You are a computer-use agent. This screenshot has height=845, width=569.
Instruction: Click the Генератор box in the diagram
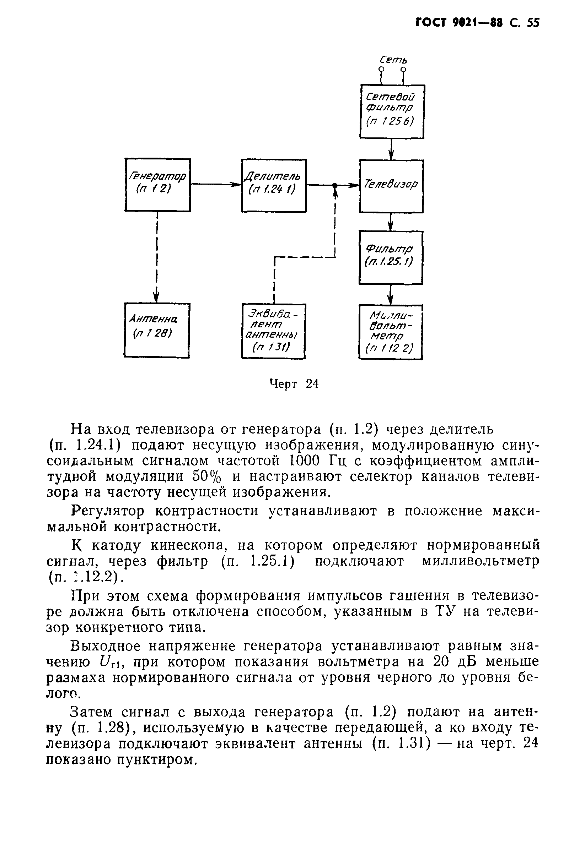pyautogui.click(x=157, y=185)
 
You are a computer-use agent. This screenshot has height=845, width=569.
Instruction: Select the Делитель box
pyautogui.click(x=274, y=185)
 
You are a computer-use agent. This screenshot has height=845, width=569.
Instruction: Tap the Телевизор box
pyautogui.click(x=391, y=186)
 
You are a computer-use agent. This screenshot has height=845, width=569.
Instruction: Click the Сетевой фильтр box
pyautogui.click(x=392, y=111)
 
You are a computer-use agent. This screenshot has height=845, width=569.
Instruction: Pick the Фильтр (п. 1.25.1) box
pyautogui.click(x=391, y=257)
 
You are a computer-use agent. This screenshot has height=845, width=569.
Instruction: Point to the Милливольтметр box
pyautogui.click(x=391, y=332)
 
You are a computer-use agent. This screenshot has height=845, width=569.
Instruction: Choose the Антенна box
pyautogui.click(x=157, y=330)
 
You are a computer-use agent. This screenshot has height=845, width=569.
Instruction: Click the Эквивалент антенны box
pyautogui.click(x=273, y=331)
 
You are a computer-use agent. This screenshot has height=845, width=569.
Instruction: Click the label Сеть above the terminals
pyautogui.click(x=393, y=59)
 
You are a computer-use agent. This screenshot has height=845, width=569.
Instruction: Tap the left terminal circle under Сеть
pyautogui.click(x=381, y=69)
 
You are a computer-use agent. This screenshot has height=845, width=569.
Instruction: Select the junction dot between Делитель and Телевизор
pyautogui.click(x=335, y=185)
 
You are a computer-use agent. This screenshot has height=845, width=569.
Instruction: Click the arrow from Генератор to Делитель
pyautogui.click(x=216, y=185)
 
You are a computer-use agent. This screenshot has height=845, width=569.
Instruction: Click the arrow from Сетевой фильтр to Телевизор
pyautogui.click(x=391, y=149)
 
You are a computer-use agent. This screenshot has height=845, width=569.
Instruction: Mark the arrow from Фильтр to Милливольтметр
pyautogui.click(x=391, y=294)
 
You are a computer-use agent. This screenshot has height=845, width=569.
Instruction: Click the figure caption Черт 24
pyautogui.click(x=294, y=384)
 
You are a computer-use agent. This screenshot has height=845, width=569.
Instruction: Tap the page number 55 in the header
pyautogui.click(x=533, y=23)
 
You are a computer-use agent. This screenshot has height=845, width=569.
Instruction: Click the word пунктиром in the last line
pyautogui.click(x=157, y=759)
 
